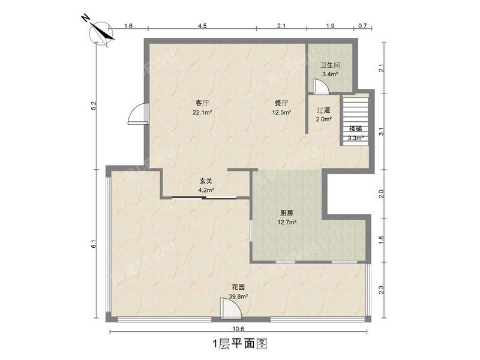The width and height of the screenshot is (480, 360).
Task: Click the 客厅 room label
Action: [202, 103]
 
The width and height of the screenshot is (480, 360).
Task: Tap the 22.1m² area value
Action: [202, 112]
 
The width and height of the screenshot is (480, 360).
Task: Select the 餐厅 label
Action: [281, 103]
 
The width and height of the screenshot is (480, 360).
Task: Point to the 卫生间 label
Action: [329, 65]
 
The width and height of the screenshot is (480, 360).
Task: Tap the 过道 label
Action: [324, 110]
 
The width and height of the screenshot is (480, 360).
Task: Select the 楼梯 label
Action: [355, 129]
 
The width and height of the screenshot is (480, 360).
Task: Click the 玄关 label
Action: [206, 181]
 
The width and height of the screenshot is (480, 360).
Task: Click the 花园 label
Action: [238, 287]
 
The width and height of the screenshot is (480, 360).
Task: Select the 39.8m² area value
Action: [238, 296]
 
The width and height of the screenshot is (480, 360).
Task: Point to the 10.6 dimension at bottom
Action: [238, 329]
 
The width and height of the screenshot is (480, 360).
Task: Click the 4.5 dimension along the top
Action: [202, 26]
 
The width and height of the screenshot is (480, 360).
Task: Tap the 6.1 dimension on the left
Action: [93, 244]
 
